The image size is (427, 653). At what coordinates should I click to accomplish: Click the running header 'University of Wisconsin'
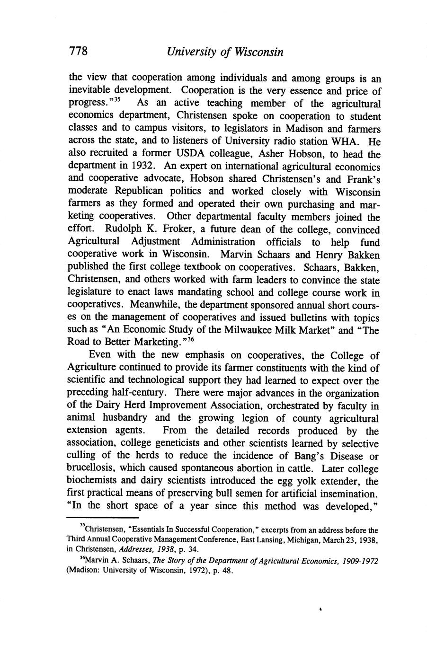click(x=225, y=52)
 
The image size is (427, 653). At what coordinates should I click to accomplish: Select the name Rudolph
click(x=125, y=230)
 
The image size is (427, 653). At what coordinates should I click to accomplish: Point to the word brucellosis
click(x=91, y=469)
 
